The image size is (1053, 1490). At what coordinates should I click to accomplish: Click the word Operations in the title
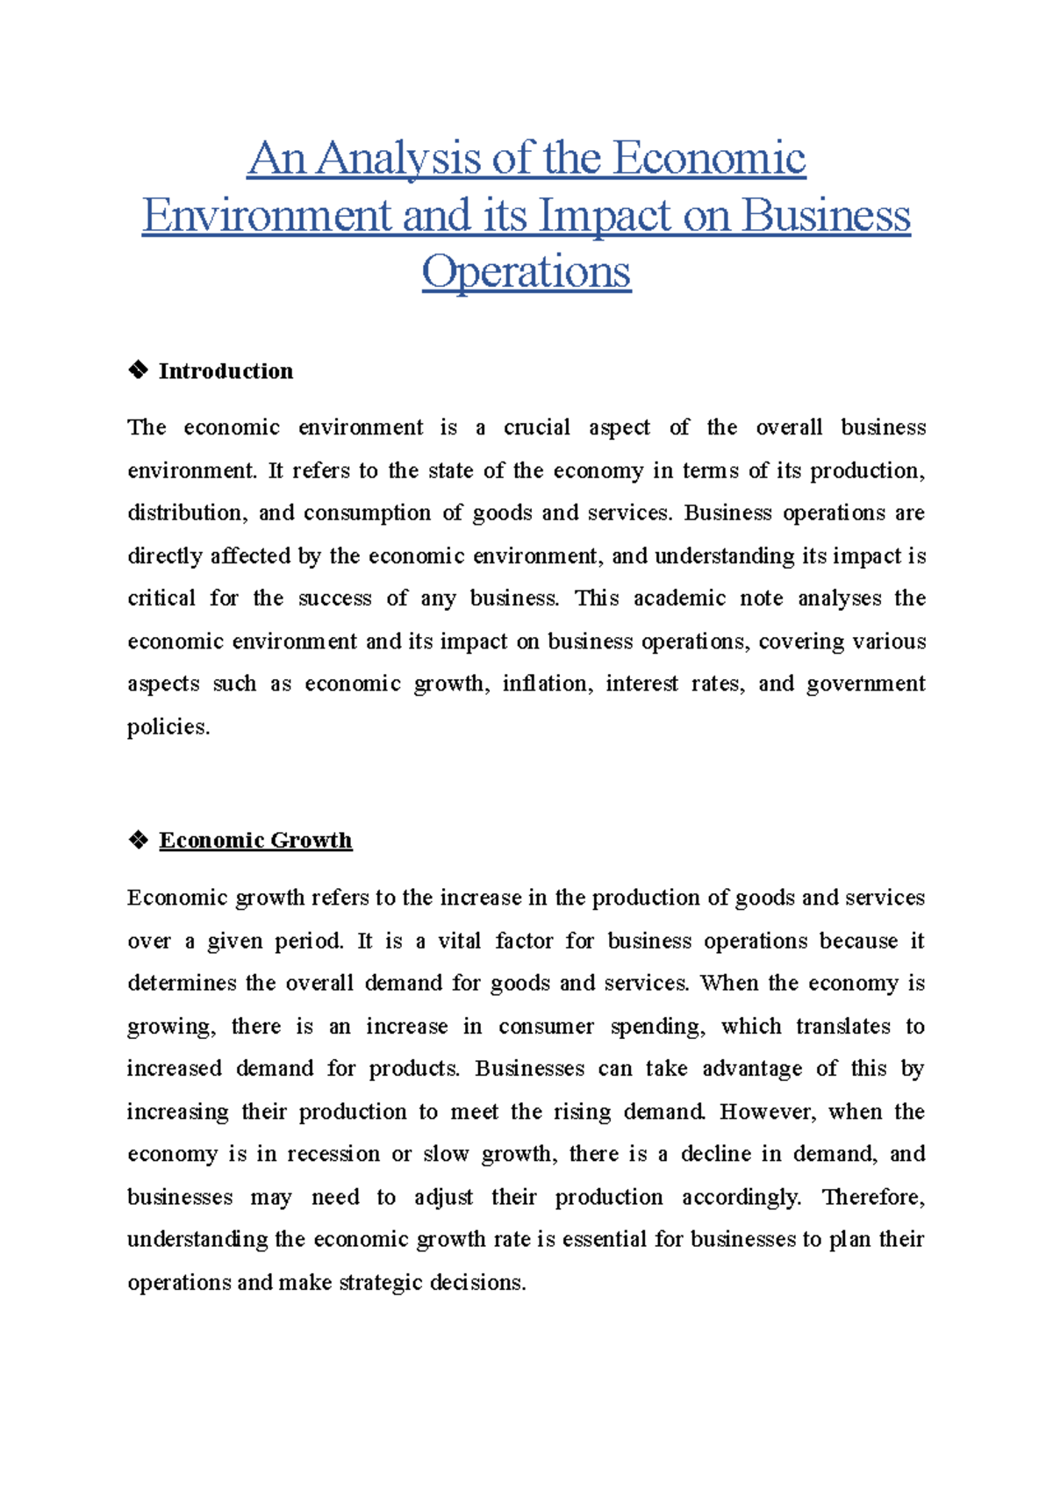pos(526,273)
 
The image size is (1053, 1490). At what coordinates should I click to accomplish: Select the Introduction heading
pos(226,371)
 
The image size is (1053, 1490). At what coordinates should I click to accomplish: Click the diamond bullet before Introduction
pos(138,370)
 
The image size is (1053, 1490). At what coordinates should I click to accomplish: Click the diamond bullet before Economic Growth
pos(138,841)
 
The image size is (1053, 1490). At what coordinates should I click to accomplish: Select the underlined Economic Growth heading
pos(255,841)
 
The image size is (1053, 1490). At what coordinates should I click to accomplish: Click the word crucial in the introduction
pos(536,427)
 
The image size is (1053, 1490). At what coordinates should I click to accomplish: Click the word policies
pos(168,727)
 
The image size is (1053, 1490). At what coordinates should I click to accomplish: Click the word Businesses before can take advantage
pos(529,1069)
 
